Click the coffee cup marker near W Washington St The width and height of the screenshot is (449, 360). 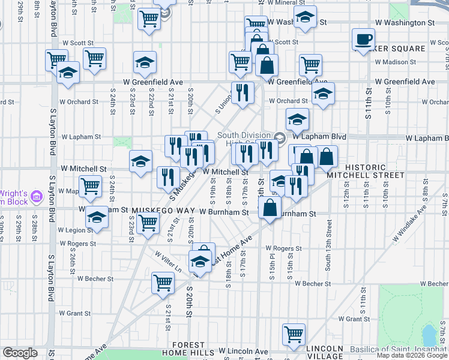tap(363, 40)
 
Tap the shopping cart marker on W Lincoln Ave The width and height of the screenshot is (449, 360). tap(294, 334)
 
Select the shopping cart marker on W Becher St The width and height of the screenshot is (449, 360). tap(163, 283)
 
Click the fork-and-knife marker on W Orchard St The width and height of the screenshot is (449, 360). tap(242, 93)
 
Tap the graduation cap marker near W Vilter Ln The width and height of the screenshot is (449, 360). tap(200, 262)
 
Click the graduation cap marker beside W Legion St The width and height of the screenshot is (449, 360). tap(96, 218)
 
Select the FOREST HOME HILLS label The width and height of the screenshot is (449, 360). tap(189, 349)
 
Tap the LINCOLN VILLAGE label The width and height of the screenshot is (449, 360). tap(325, 352)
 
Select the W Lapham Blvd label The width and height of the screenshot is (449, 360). tap(426, 138)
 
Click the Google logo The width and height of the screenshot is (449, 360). tap(20, 353)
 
